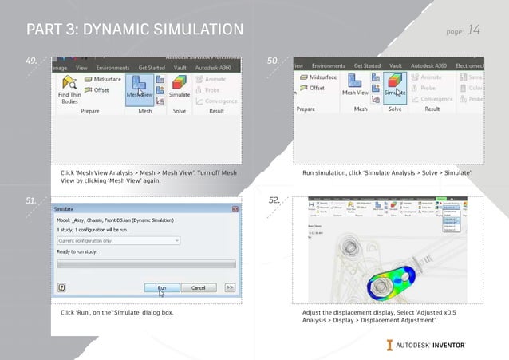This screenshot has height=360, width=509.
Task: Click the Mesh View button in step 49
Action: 140,86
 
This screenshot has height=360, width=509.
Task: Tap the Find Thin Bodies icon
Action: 69,87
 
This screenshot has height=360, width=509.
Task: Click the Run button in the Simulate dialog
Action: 161,287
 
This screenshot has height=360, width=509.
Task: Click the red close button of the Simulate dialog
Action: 235,209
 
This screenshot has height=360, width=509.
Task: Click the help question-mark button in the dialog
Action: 61,287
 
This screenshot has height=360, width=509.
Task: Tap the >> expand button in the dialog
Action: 230,287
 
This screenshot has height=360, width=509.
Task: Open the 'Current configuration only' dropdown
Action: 118,240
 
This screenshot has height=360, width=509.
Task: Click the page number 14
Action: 473,30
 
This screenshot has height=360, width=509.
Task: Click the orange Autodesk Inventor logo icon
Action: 390,345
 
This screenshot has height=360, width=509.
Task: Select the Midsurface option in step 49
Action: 101,80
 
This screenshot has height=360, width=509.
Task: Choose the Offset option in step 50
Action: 317,88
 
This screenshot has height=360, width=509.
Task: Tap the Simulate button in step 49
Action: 180,86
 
